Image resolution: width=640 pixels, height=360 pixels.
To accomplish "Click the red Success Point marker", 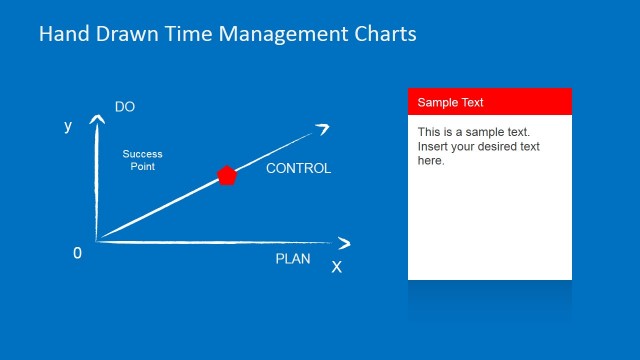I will point(227,176).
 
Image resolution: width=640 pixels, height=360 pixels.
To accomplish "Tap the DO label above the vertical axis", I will point(125,107).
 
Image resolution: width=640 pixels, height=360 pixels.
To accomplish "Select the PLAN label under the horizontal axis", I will point(293,259).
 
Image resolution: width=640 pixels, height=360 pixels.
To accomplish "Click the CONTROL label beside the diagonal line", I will point(298,168).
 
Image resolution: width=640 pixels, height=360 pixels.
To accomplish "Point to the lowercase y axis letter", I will point(68,126).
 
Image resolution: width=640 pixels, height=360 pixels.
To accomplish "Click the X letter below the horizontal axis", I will point(336,267).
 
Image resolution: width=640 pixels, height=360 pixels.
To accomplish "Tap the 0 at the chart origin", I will point(77,253).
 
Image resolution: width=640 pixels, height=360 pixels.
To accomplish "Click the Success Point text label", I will point(142,160).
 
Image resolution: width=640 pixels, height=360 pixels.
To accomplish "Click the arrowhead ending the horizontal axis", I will point(345,243).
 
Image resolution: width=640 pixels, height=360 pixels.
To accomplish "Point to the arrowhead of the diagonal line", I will point(323,127).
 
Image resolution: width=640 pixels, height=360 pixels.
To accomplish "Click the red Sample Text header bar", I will point(489,102).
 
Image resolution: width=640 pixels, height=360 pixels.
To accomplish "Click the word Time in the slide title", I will point(175,34).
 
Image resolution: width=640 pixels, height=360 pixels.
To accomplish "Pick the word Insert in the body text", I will point(434,147).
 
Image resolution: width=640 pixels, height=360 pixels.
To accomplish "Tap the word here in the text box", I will point(430,160).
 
